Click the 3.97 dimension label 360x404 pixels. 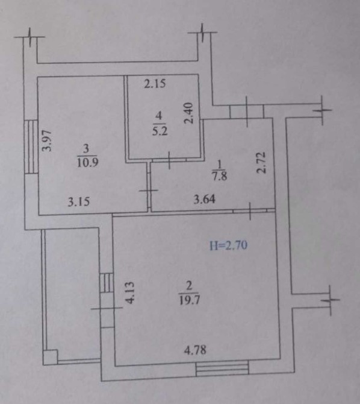[48, 141]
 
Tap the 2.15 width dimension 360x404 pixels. [155, 84]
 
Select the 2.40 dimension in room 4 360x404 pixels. [189, 113]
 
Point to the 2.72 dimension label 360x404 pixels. [261, 163]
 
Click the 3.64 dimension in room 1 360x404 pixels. [204, 199]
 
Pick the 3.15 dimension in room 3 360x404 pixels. [79, 202]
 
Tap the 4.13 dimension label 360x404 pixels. [129, 292]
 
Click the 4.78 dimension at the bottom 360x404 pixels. [195, 350]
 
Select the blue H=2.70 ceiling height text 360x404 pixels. [229, 245]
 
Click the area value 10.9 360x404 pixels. [87, 163]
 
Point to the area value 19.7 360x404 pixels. [190, 300]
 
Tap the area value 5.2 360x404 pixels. [160, 131]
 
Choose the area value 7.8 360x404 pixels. [220, 177]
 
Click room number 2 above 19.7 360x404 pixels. [189, 286]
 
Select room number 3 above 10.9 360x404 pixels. [86, 148]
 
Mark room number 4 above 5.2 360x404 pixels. [159, 116]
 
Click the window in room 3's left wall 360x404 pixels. [31, 147]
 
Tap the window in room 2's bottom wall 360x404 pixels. [222, 368]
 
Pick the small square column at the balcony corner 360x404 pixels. [50, 357]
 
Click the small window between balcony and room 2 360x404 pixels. [107, 283]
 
